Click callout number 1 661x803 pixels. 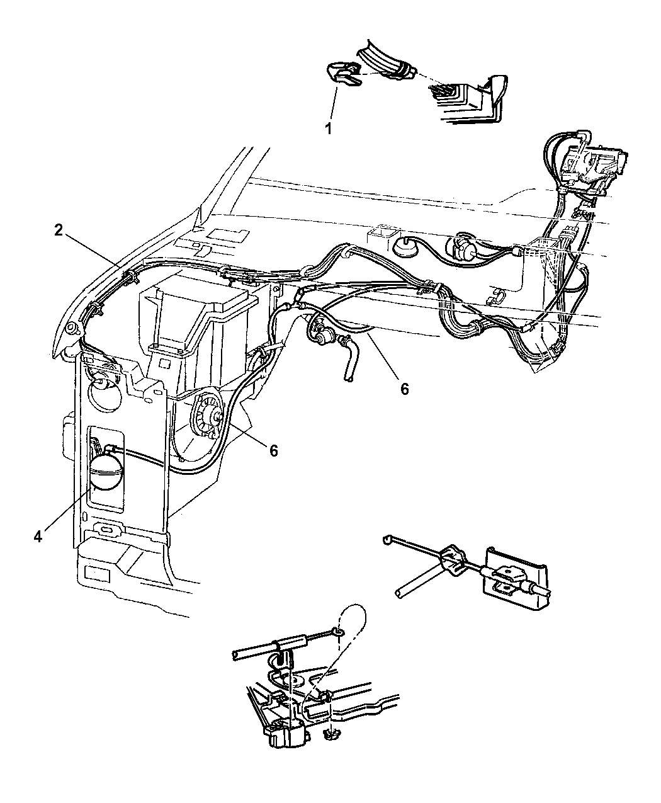[329, 128]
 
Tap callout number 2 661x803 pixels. [59, 231]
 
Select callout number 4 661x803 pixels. [38, 536]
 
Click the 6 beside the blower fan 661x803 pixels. [273, 450]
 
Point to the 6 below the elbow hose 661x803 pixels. [404, 389]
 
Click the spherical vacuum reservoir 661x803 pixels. [106, 472]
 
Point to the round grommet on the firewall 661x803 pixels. [402, 246]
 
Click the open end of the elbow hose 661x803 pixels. [348, 380]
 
